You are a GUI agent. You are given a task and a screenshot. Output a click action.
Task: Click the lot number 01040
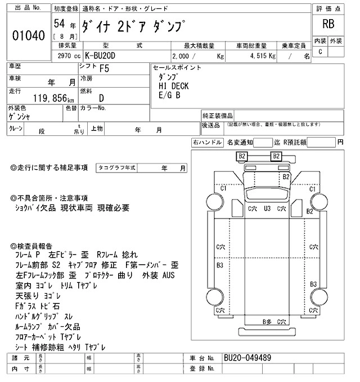click(x=28, y=35)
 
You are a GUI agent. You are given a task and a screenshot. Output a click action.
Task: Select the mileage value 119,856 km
click(x=39, y=98)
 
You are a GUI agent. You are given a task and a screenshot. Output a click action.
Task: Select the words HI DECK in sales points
click(x=174, y=85)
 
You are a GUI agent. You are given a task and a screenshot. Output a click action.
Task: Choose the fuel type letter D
click(x=101, y=98)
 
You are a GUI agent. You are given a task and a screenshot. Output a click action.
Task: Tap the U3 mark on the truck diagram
click(x=268, y=208)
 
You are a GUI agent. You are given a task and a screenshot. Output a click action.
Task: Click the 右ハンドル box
click(x=207, y=143)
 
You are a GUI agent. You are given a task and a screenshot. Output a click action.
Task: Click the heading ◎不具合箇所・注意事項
click(x=49, y=198)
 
